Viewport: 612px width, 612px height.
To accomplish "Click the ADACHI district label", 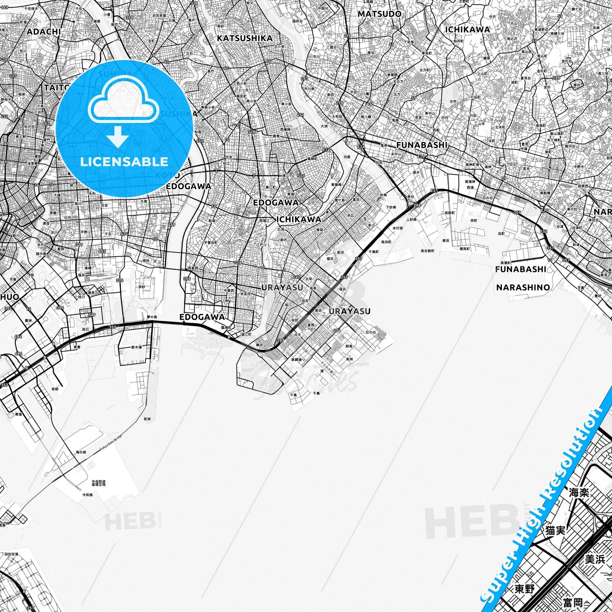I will pos(44,32).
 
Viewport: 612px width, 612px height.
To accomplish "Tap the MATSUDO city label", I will pos(379,14).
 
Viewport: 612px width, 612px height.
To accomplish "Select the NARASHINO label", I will pos(523,288).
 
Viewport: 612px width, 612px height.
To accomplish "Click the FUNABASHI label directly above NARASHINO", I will pos(521,269).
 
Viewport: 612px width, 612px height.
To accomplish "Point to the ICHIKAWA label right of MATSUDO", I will pos(467,30).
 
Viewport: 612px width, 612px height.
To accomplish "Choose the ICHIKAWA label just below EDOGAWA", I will pos(299,219).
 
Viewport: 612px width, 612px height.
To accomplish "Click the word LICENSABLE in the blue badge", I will pos(124,161).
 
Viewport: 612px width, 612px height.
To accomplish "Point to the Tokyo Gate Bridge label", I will pos(111,443).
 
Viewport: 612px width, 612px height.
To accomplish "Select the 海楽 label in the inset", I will pos(579,493).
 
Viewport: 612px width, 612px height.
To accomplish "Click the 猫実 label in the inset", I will pos(555,530).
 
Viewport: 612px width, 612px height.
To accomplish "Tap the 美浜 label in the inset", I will pos(595,559).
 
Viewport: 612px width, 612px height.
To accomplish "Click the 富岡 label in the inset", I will pos(573,603).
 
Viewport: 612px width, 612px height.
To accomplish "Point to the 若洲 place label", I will pos(147,419).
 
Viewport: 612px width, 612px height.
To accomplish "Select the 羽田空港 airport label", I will pos(11,554).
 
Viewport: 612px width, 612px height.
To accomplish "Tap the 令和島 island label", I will pos(87,495).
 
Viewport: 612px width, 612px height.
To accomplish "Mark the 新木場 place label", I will pos(136,347).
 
